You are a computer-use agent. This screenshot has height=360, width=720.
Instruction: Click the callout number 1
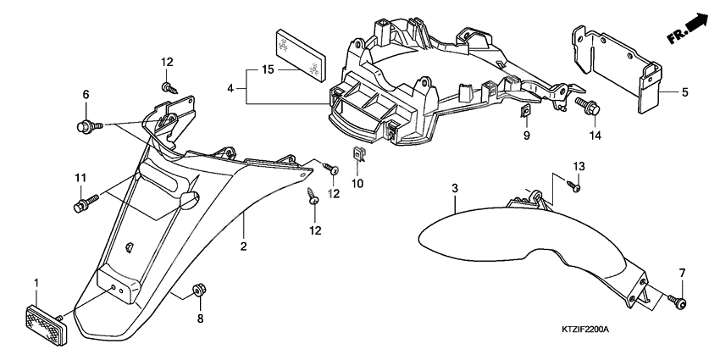pos(36,281)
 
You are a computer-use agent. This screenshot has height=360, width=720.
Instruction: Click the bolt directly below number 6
pos(84,127)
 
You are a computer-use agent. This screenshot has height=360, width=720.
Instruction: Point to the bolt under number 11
pos(85,204)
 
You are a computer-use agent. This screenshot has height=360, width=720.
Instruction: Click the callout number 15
pos(267,69)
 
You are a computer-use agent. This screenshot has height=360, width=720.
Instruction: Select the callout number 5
pos(685,92)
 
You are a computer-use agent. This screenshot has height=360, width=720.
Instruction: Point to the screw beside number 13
pos(576,186)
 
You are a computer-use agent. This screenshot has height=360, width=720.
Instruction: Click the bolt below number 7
pos(678,302)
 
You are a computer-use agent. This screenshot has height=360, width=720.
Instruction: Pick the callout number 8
pos(201,318)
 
